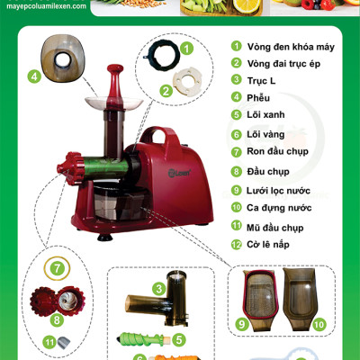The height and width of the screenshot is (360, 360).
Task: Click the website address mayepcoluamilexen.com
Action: pyautogui.click(x=46, y=6)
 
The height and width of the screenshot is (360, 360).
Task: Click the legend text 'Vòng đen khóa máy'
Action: pyautogui.click(x=291, y=47)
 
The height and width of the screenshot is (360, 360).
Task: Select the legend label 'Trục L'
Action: pyautogui.click(x=261, y=81)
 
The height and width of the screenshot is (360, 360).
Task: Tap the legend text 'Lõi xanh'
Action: pyautogui.click(x=265, y=114)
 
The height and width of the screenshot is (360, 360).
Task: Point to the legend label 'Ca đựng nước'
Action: pyautogui.click(x=279, y=208)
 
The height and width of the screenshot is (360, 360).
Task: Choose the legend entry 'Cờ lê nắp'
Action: pyautogui.click(x=268, y=244)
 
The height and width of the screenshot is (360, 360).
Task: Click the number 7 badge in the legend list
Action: pyautogui.click(x=237, y=152)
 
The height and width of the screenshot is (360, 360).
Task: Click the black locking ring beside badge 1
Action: pyautogui.click(x=162, y=56)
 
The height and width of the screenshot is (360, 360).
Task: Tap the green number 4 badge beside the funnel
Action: pyautogui.click(x=34, y=76)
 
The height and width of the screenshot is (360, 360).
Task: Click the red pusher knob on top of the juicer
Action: pyautogui.click(x=115, y=69)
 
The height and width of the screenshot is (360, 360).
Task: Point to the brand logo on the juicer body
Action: pyautogui.click(x=179, y=173)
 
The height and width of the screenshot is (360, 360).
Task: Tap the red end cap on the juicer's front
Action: pyautogui.click(x=69, y=168)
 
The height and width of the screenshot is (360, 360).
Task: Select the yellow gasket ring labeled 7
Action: pyautogui.click(x=57, y=268)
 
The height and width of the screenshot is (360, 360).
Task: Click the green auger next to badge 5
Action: pyautogui.click(x=143, y=339)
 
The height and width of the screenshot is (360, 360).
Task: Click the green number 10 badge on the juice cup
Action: pyautogui.click(x=319, y=324)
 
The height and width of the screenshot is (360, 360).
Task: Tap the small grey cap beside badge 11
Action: pyautogui.click(x=63, y=343)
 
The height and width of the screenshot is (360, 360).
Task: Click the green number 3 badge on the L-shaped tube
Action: pyautogui.click(x=158, y=289)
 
